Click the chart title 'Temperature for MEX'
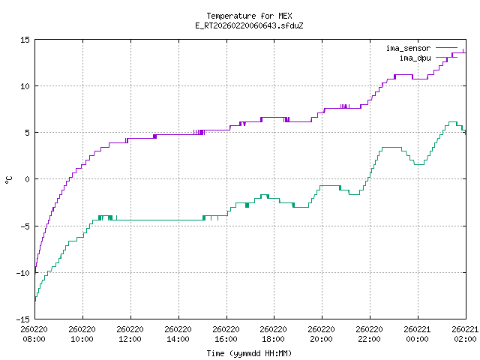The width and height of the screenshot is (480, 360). coord(248,16)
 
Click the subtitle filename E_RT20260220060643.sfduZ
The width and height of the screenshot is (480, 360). coord(248,25)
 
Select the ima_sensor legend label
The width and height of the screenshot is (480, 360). coord(408,48)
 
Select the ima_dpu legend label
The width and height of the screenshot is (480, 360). coord(415,58)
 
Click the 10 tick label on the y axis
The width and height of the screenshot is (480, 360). coord(25,85)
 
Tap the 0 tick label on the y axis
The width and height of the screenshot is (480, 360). coord(27,179)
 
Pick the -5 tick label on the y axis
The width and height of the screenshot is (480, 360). coord(25,226)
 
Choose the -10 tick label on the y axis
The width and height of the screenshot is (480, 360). coord(22,272)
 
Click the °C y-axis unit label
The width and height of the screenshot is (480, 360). coord(8,179)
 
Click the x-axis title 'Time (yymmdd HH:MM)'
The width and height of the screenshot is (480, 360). coord(248,353)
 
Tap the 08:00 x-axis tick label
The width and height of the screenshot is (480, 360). coord(34,339)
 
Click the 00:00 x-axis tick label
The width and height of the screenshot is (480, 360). coord(418,339)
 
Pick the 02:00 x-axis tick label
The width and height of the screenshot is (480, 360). coord(466,339)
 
